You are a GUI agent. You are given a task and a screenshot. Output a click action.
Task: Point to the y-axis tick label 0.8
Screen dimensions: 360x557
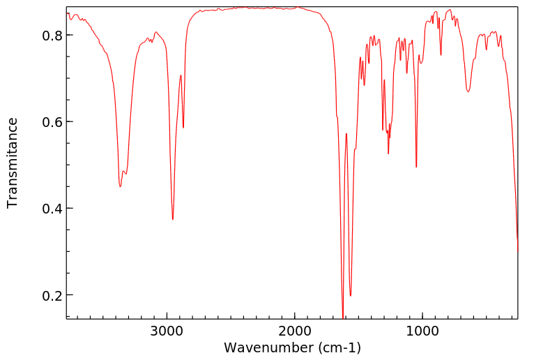click(53, 35)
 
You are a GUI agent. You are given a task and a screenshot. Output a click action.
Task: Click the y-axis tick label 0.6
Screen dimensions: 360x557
click(53, 122)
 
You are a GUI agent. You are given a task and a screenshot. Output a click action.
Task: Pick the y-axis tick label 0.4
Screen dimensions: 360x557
click(53, 209)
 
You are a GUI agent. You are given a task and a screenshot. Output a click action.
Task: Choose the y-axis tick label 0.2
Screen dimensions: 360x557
click(53, 295)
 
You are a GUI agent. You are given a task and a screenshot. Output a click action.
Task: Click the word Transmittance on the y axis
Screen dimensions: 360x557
click(13, 163)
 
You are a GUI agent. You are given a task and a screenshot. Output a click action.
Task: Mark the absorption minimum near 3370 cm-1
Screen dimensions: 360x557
click(120, 186)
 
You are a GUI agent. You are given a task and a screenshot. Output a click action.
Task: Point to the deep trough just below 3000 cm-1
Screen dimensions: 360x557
click(173, 219)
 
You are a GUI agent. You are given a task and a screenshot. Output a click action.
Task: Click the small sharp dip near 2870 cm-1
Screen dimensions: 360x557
click(183, 128)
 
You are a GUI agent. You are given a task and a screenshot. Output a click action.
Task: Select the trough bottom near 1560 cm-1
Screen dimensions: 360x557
click(351, 295)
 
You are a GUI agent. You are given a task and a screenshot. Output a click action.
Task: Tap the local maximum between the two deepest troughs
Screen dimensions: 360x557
click(346, 133)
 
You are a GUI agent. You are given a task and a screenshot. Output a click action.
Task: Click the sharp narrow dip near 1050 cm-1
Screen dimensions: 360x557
click(416, 167)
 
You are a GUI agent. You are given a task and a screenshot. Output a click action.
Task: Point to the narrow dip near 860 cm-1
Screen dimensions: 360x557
click(441, 55)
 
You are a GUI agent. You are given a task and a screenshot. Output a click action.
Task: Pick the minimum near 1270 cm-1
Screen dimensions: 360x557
click(388, 153)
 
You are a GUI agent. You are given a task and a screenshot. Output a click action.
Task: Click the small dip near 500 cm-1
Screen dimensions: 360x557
click(486, 50)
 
